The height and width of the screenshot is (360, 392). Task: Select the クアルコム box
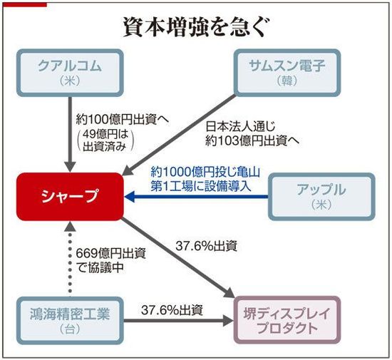pyautogui.click(x=70, y=73)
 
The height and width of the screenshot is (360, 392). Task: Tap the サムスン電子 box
pyautogui.click(x=287, y=73)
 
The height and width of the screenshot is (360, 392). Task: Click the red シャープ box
pyautogui.click(x=70, y=197)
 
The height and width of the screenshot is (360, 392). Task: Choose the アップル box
pyautogui.click(x=321, y=197)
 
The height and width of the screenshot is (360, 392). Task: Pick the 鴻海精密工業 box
pyautogui.click(x=70, y=321)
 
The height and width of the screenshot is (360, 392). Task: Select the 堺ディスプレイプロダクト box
pyautogui.click(x=287, y=321)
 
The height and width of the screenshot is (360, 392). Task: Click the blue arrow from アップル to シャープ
pyautogui.click(x=196, y=197)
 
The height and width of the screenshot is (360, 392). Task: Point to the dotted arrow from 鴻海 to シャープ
pyautogui.click(x=71, y=259)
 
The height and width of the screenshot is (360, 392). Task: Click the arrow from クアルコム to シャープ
pyautogui.click(x=71, y=134)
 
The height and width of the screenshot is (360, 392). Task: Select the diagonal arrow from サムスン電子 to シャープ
pyautogui.click(x=179, y=135)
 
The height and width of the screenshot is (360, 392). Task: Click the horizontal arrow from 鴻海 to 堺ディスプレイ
pyautogui.click(x=179, y=321)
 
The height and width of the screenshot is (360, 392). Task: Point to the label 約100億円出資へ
pyautogui.click(x=123, y=120)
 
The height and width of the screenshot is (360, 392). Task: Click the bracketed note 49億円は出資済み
pyautogui.click(x=105, y=140)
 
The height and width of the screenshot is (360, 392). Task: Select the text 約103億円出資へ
pyautogui.click(x=252, y=141)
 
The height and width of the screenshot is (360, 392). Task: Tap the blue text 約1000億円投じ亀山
pyautogui.click(x=205, y=172)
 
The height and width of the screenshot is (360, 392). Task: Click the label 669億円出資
pyautogui.click(x=110, y=254)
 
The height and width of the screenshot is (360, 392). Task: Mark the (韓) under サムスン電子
pyautogui.click(x=287, y=81)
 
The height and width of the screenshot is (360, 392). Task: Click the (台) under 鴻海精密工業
pyautogui.click(x=70, y=329)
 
